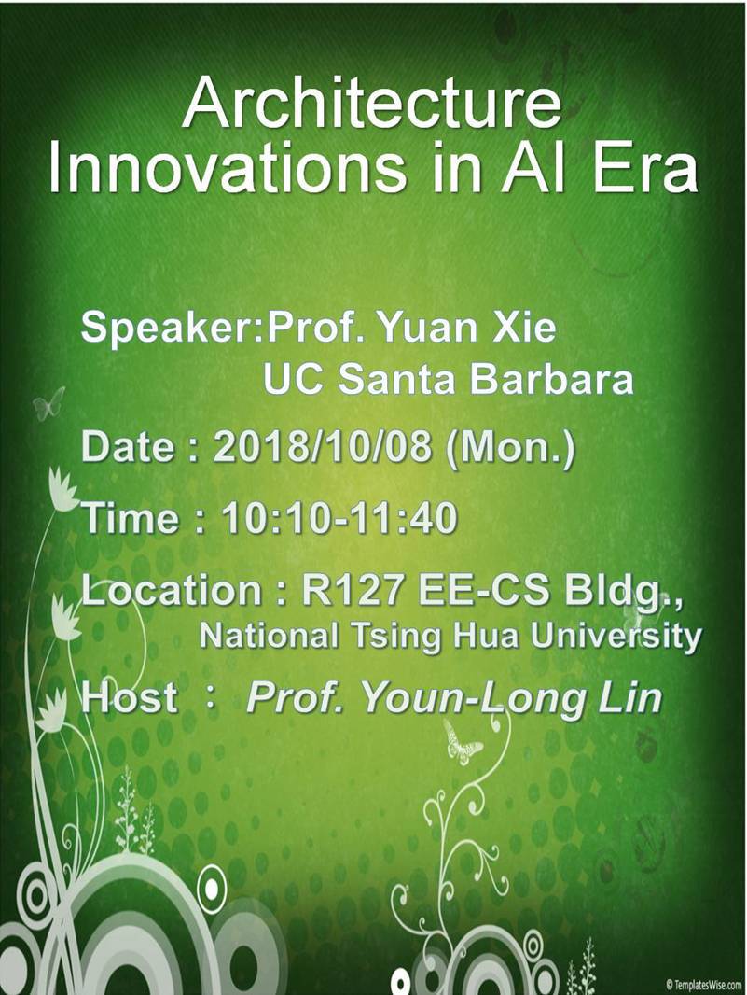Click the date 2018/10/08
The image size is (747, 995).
click(322, 446)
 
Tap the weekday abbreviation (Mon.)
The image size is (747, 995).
click(510, 447)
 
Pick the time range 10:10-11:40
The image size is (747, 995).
click(339, 518)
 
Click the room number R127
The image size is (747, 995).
click(352, 590)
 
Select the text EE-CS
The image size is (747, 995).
click(483, 590)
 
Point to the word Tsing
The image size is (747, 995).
click(396, 637)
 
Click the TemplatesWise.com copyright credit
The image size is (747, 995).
click(703, 985)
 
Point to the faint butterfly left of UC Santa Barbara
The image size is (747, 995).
click(49, 403)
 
